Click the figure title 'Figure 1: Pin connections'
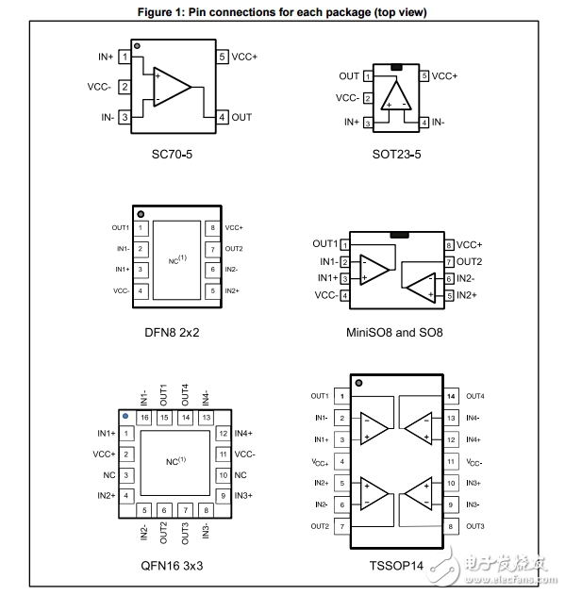click(282, 12)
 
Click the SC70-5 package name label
click(176, 153)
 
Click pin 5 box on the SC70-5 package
click(222, 57)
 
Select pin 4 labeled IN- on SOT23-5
click(425, 123)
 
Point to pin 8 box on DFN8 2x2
click(213, 228)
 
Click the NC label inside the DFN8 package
click(176, 258)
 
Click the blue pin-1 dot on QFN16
click(124, 415)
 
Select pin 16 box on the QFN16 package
click(144, 417)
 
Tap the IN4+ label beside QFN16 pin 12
click(244, 434)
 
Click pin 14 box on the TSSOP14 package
click(451, 396)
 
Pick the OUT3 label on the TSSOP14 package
click(474, 526)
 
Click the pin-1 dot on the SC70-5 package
click(137, 45)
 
